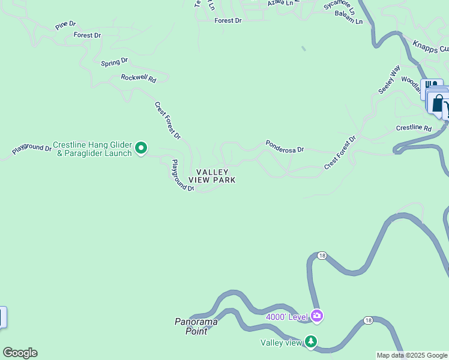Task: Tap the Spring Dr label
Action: [115, 62]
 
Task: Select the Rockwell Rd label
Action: [138, 78]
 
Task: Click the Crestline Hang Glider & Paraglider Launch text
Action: [92, 149]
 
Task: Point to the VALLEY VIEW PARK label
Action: [211, 176]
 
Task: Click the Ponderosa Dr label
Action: [285, 146]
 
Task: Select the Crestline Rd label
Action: [414, 128]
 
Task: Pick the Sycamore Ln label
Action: [339, 7]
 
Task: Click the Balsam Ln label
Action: [349, 21]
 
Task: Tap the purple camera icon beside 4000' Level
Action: [316, 316]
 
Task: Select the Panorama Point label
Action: [196, 326]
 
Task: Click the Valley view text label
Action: [281, 343]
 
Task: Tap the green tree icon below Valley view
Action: [310, 341]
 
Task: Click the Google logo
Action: [20, 353]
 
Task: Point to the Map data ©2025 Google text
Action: [412, 355]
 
